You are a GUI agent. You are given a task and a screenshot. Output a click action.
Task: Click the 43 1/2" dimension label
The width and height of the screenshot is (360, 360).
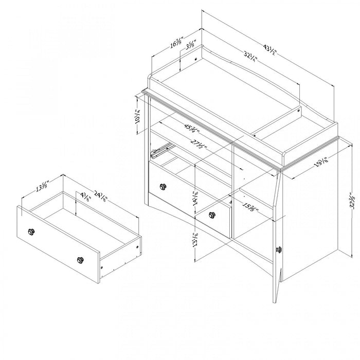coord(271,50)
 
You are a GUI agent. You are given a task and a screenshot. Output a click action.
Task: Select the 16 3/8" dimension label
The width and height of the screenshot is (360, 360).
coord(176,43)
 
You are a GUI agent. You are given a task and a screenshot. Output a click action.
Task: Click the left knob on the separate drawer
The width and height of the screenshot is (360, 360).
coord(31,232)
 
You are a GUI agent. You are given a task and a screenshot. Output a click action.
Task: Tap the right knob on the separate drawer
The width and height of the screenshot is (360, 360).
coord(80,261)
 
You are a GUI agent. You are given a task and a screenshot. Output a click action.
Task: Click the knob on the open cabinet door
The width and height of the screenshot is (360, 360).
coord(280,249)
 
